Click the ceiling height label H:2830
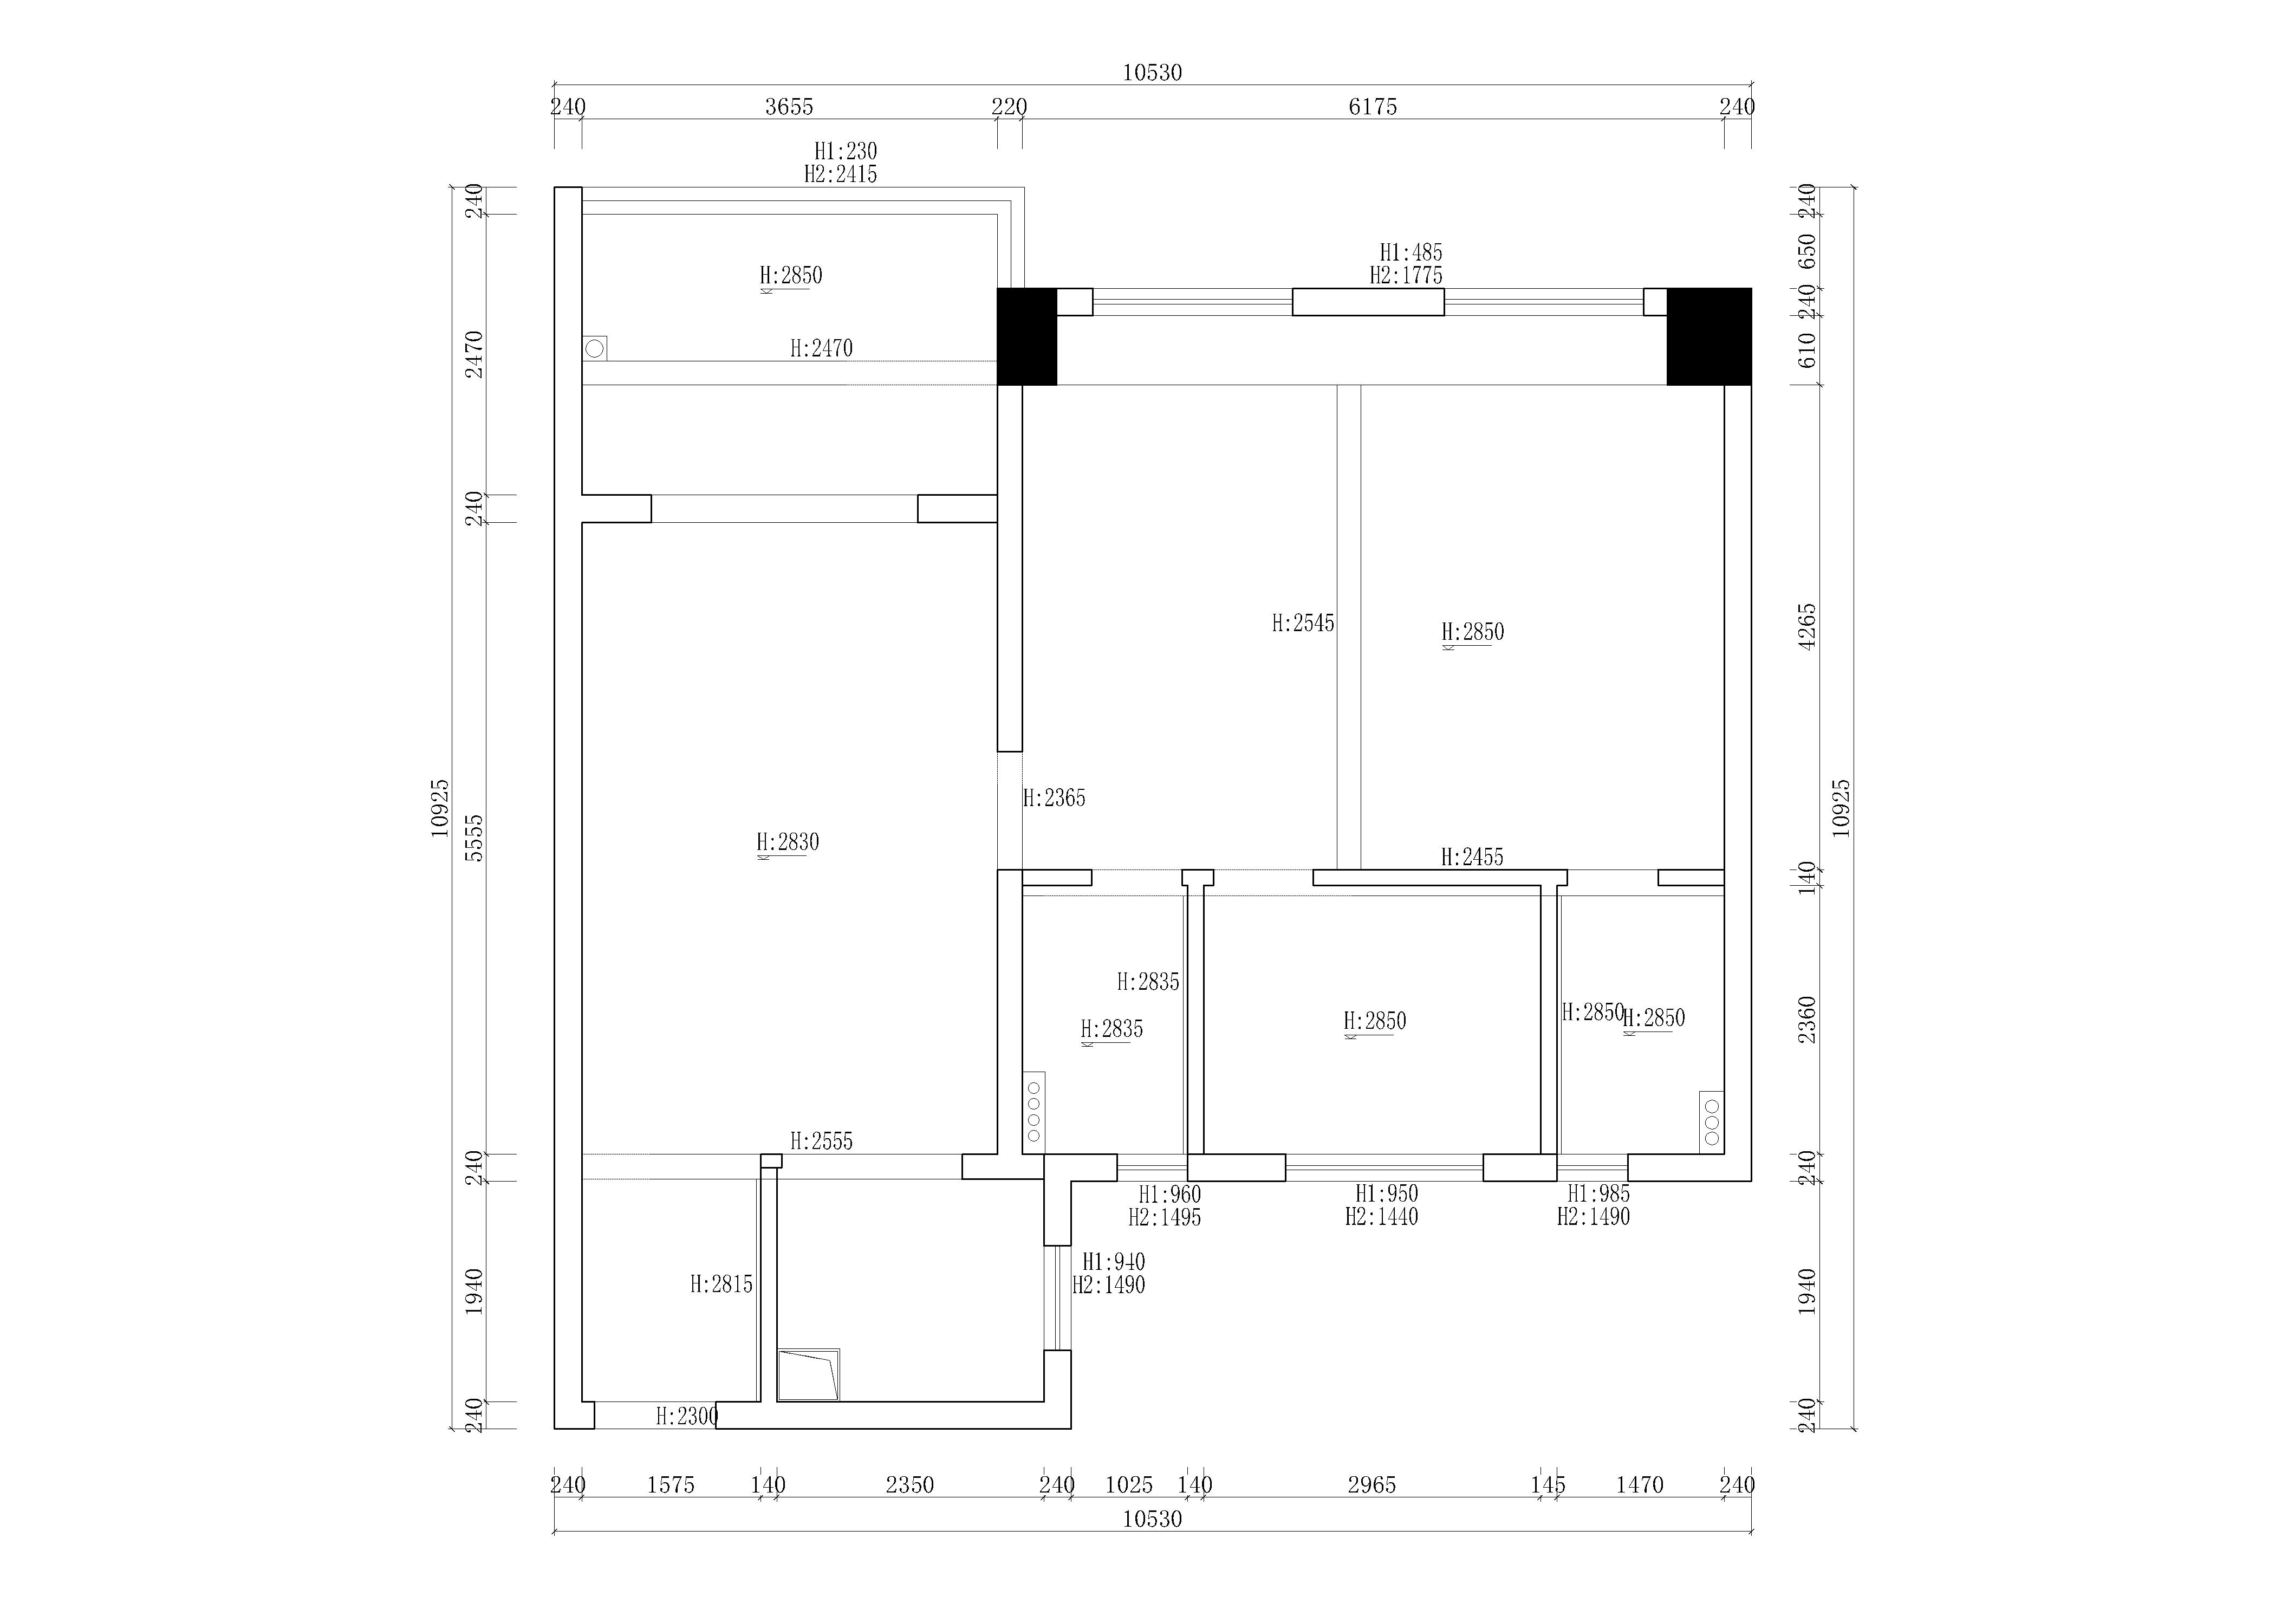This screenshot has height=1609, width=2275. [x=788, y=842]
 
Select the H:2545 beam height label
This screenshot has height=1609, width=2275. [x=1303, y=623]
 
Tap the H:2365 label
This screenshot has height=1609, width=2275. [x=1054, y=797]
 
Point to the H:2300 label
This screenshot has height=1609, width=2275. [x=687, y=1417]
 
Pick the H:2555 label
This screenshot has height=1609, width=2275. [x=821, y=1141]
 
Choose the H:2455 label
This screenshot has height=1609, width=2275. [x=1472, y=857]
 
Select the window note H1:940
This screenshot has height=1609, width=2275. [x=1114, y=1262]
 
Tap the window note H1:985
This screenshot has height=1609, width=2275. [x=1598, y=1194]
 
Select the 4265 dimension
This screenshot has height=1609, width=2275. [x=1808, y=626]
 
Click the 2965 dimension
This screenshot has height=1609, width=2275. [x=1373, y=1485]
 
